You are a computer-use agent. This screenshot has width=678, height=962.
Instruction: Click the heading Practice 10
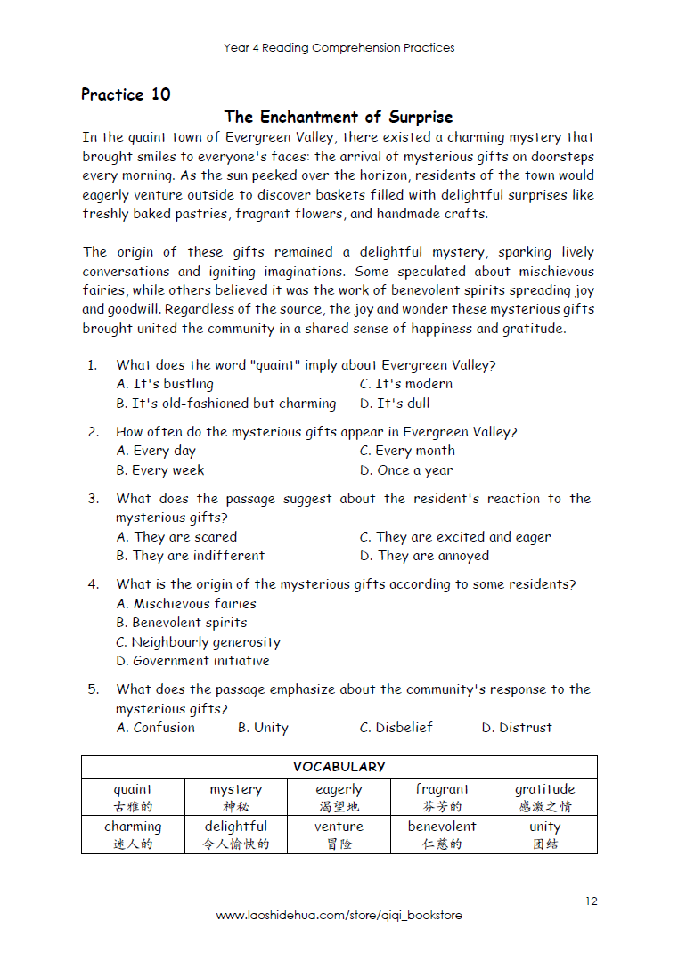(x=126, y=94)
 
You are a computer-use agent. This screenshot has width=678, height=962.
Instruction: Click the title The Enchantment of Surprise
(x=339, y=117)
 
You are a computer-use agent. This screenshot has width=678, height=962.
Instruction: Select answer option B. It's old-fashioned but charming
(x=226, y=403)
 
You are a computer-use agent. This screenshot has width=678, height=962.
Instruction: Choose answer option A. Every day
(x=156, y=451)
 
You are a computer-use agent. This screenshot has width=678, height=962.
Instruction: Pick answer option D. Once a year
(x=406, y=470)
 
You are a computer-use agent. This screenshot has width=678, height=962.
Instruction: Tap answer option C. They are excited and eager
(x=455, y=537)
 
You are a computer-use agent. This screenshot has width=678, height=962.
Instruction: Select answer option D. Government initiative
(x=192, y=661)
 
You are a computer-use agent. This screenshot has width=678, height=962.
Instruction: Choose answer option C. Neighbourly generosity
(x=198, y=642)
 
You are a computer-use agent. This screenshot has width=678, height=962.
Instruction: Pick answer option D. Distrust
(x=517, y=728)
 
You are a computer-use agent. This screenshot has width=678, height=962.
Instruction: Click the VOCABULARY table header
(x=339, y=767)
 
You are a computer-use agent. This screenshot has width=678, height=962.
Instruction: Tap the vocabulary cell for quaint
(x=133, y=797)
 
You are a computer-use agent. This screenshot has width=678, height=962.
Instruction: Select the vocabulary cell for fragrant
(x=442, y=797)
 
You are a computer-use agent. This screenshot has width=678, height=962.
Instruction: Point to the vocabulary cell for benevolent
(x=442, y=835)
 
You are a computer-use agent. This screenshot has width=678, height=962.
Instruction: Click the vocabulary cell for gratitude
(x=545, y=797)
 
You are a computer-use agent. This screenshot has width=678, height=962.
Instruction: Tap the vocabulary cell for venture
(x=339, y=835)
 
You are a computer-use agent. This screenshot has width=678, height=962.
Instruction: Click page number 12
(x=592, y=901)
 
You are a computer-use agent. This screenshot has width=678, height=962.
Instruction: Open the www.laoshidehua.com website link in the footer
(x=339, y=916)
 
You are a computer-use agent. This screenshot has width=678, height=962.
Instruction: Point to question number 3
(x=93, y=499)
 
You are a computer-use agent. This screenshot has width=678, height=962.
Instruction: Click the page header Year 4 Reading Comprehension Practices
(x=339, y=48)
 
